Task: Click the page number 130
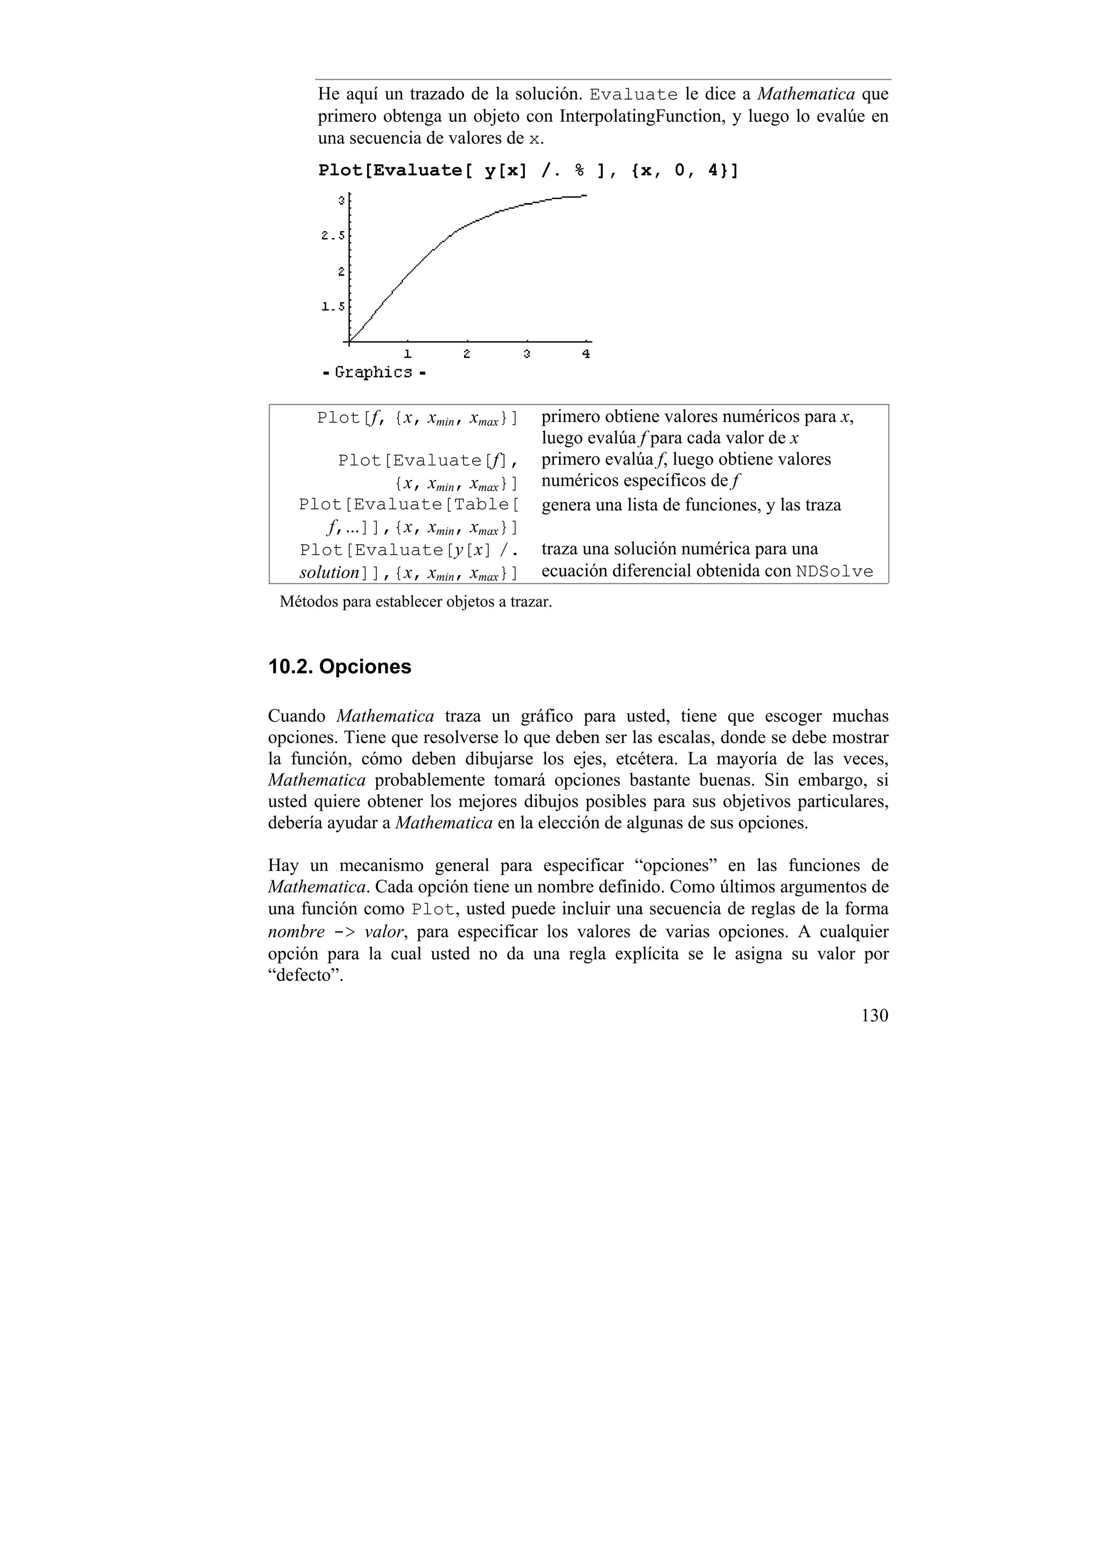[874, 1015]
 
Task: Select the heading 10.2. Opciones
[340, 667]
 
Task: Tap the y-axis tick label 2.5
[333, 236]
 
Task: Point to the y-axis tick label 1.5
[333, 307]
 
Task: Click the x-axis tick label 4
[585, 355]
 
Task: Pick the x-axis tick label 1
[407, 355]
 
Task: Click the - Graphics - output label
[374, 373]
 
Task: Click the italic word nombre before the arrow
[296, 932]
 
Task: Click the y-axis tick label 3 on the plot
[341, 201]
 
